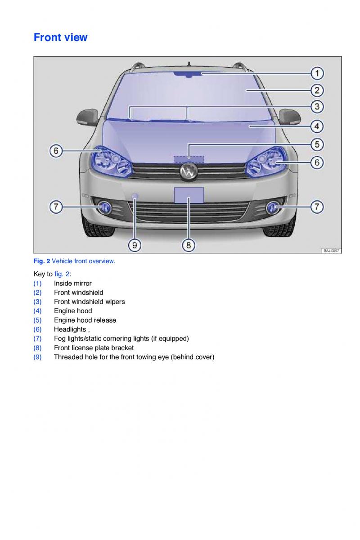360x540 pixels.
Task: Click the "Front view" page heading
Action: click(61, 37)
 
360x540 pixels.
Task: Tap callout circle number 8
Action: click(189, 245)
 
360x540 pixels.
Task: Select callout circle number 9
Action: click(135, 245)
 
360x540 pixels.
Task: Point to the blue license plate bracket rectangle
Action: click(189, 195)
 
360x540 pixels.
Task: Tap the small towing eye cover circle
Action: click(135, 196)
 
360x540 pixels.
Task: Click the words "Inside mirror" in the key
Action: click(72, 283)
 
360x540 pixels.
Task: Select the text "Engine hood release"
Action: click(85, 320)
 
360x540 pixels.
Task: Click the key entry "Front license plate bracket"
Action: click(94, 348)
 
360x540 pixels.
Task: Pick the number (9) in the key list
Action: click(37, 357)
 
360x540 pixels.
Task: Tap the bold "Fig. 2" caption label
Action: click(42, 261)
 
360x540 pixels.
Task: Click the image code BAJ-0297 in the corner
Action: click(331, 251)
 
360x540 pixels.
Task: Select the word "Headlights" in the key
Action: click(70, 329)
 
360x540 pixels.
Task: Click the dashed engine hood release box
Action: click(189, 158)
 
